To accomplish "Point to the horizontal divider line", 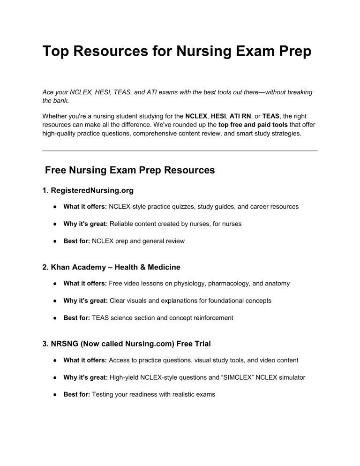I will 180,150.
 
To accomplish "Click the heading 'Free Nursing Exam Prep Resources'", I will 130,171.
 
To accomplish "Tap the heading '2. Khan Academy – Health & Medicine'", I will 111,268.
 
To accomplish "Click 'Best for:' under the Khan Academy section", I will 77,318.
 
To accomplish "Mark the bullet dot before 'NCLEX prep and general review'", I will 55,241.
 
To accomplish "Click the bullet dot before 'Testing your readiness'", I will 55,395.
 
